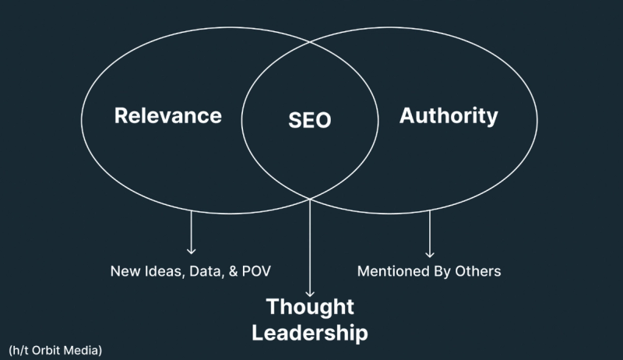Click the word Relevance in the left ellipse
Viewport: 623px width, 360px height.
pos(168,116)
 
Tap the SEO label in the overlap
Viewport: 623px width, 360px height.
pos(310,121)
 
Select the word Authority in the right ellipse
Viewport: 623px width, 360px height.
pos(449,116)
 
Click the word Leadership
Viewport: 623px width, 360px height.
pos(311,333)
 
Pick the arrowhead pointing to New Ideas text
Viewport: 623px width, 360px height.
pos(191,251)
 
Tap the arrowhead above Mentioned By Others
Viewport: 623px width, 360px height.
pos(429,253)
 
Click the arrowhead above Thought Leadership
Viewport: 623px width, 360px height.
pos(311,292)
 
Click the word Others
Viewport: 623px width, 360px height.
pos(480,272)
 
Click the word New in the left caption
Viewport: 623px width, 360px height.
pos(124,272)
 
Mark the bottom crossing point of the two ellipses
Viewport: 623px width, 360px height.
pos(311,197)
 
